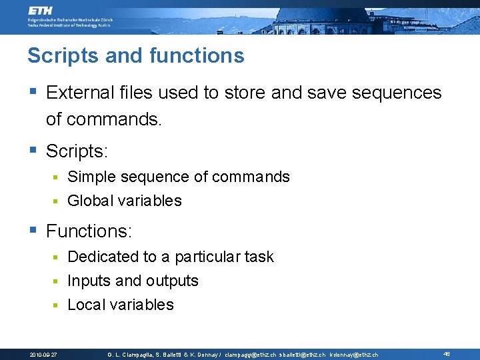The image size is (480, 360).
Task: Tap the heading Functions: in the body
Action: (89, 231)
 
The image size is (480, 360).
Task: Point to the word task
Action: (257, 257)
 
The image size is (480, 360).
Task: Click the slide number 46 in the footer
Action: (446, 354)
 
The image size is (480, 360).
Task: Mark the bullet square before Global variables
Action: (57, 201)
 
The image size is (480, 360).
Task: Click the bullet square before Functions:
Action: (33, 231)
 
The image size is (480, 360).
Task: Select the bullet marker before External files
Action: (33, 92)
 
